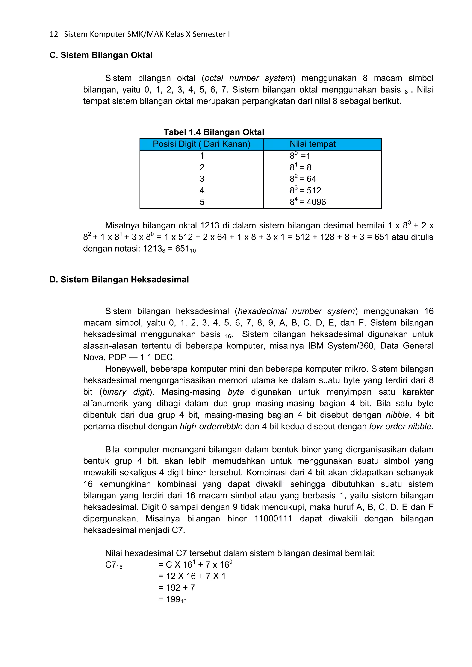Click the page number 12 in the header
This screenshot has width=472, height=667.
54,34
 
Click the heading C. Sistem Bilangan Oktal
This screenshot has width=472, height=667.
101,55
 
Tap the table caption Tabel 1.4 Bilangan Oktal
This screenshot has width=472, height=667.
214,132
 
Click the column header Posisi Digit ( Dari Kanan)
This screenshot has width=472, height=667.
201,144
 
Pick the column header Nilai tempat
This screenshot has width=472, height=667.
313,144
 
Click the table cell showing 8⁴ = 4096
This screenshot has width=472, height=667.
307,202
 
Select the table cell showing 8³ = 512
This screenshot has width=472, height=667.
305,190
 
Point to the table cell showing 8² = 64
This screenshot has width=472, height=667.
303,179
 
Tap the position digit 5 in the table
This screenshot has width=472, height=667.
202,202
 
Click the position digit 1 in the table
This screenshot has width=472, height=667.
202,156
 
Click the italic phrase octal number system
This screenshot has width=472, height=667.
248,78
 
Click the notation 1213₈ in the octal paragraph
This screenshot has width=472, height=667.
154,249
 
